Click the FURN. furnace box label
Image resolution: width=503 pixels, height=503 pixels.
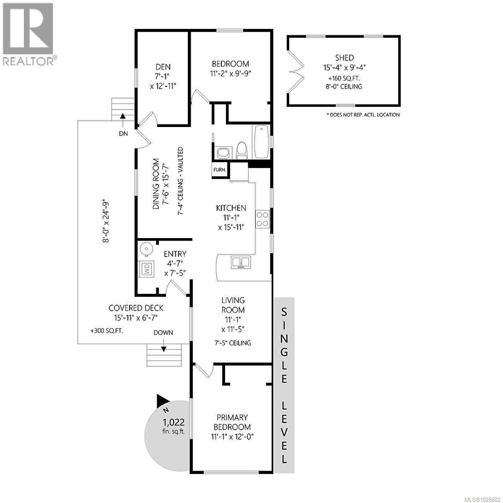220,170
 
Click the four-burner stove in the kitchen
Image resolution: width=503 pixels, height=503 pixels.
263,218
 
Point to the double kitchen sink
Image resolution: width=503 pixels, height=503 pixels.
240,262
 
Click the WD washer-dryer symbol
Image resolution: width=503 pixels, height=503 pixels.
146,268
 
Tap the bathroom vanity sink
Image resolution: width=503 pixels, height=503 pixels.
223,153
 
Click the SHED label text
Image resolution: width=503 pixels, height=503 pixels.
344,58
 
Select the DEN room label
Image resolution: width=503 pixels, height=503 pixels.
163,67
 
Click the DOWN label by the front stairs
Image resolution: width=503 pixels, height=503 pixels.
163,332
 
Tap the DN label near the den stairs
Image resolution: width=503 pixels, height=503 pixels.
123,134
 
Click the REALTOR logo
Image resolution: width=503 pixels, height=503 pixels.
29,34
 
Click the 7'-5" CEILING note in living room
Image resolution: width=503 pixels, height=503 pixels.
233,343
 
